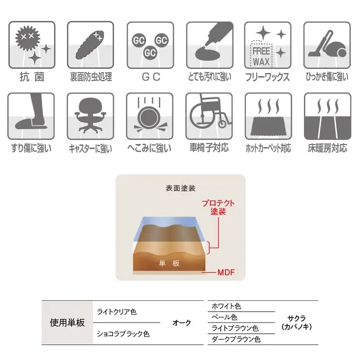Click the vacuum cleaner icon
(327, 45)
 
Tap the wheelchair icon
(209, 116)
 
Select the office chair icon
(91, 116)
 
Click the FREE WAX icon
(268, 45)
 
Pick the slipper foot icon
(31, 116)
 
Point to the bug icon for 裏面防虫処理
(91, 45)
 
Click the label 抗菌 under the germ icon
(32, 77)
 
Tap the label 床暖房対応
(328, 148)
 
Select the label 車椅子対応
(209, 148)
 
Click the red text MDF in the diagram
(226, 273)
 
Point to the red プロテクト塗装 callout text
(218, 207)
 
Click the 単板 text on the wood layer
(169, 263)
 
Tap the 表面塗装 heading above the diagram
(181, 188)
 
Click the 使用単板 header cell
(67, 322)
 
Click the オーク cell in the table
(182, 323)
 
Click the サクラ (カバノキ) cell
(297, 322)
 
